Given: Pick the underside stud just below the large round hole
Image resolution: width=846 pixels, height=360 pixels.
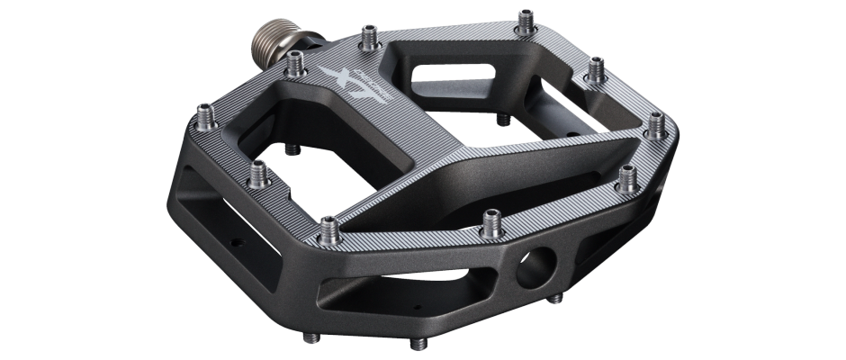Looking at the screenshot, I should [x=553, y=300].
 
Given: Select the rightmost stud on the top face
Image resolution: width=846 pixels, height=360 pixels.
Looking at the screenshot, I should [x=657, y=118].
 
